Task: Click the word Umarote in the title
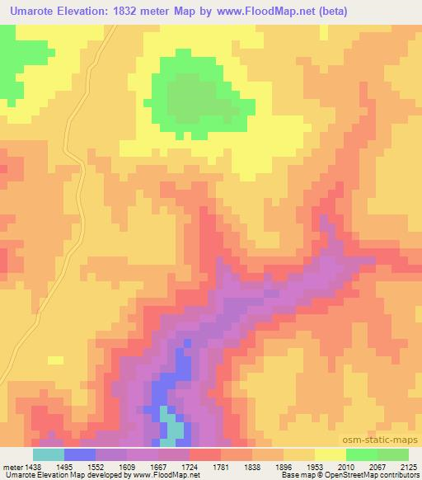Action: [34, 12]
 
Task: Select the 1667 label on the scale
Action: [161, 466]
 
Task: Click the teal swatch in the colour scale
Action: [49, 454]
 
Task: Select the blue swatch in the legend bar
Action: [80, 454]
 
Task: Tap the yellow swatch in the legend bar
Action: [331, 454]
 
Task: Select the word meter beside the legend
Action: [12, 466]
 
